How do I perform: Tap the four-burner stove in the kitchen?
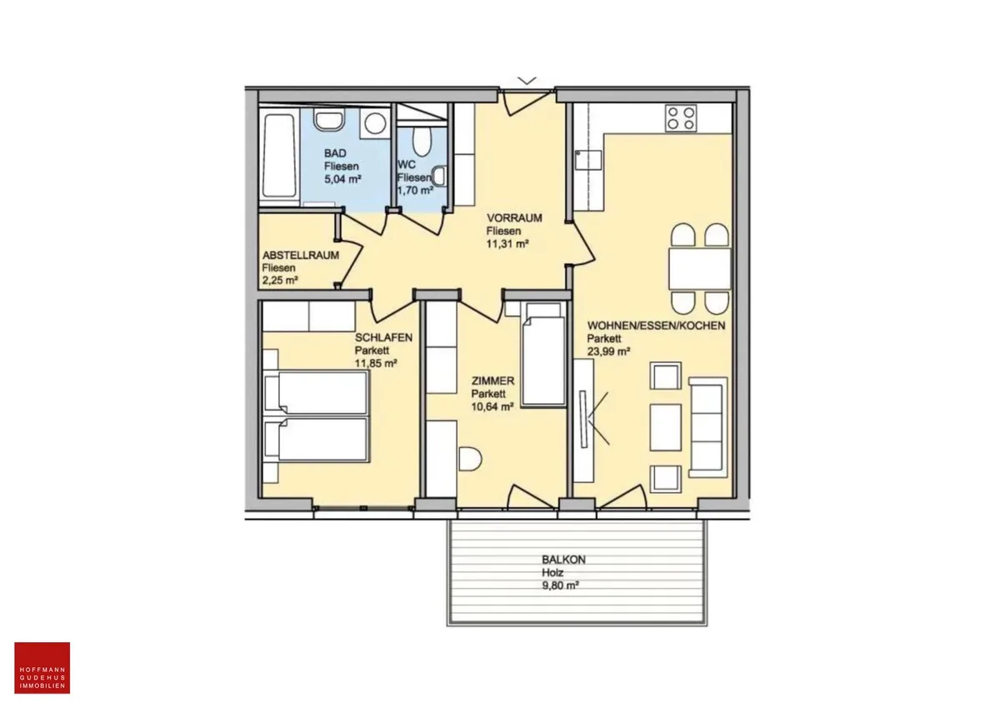[x=681, y=118]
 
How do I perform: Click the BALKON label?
[x=563, y=560]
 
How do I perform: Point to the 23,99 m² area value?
[x=608, y=351]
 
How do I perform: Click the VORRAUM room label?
[x=514, y=218]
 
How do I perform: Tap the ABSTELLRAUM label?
[x=301, y=256]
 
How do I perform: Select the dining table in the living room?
[x=699, y=269]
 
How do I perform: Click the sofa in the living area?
[x=708, y=427]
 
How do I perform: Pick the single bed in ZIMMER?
[x=543, y=355]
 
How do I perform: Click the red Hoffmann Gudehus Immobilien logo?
[x=42, y=668]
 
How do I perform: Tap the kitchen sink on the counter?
[x=588, y=160]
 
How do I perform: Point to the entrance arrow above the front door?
[x=527, y=81]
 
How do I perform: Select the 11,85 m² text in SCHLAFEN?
[x=376, y=364]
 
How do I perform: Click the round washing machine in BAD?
[x=375, y=122]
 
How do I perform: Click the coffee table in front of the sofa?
[x=665, y=427]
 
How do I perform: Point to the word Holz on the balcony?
[x=552, y=573]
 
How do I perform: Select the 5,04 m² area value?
[x=342, y=179]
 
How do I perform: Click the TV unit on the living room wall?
[x=583, y=421]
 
